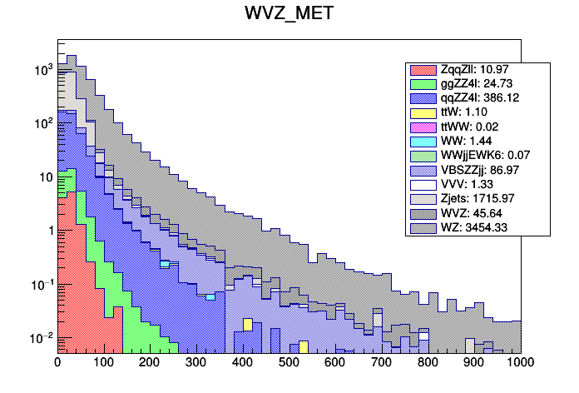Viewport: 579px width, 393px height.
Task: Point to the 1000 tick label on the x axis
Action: point(521,363)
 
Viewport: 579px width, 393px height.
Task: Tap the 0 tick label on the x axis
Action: point(57,363)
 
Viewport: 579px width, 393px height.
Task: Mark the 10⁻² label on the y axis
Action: point(40,337)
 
